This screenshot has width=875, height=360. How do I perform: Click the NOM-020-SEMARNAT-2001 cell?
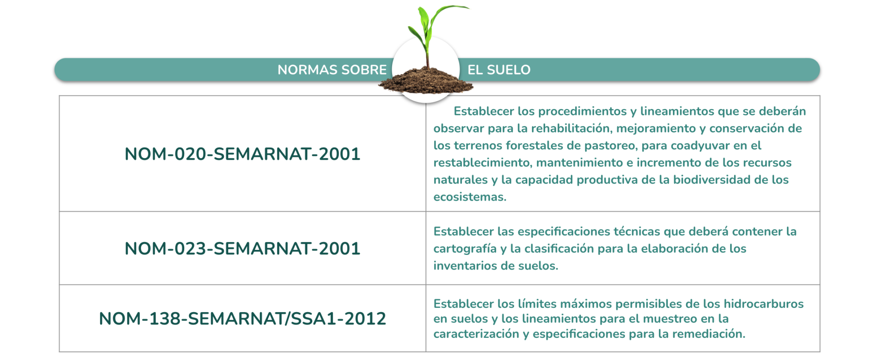(242, 154)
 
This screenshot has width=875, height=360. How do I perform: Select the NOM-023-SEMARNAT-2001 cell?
(242, 248)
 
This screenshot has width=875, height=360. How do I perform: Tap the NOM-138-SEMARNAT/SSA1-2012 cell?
(242, 318)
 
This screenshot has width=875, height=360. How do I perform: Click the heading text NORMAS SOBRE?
(332, 70)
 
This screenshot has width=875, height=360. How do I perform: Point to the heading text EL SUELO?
(499, 70)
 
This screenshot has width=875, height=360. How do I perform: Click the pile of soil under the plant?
(426, 81)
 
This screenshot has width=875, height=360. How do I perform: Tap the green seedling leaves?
(432, 30)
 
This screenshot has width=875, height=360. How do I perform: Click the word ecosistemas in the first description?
(470, 197)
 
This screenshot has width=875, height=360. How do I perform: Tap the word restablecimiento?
(482, 163)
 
